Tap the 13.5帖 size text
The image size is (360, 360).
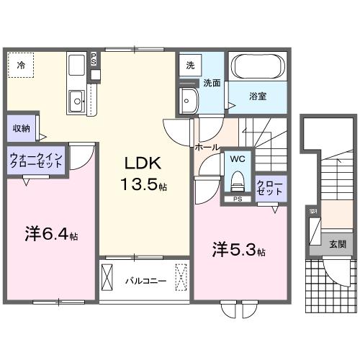click(143, 185)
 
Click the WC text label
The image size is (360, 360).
click(237, 158)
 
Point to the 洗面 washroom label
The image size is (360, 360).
click(211, 83)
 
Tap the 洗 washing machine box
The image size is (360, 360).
click(189, 64)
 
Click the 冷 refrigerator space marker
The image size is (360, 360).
click(21, 66)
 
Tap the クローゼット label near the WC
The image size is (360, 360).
click(271, 189)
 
